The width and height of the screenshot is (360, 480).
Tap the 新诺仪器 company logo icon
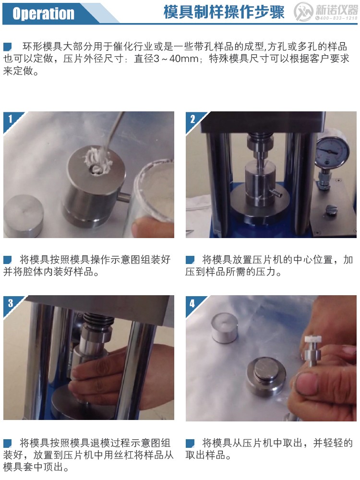coord(303,12)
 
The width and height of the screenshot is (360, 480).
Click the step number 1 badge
coord(10,118)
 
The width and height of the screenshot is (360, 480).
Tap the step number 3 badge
coord(10,302)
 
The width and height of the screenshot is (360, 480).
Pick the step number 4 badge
coord(192,303)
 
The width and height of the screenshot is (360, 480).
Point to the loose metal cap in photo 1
coord(23,213)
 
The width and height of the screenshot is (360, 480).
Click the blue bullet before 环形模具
coord(7,47)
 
